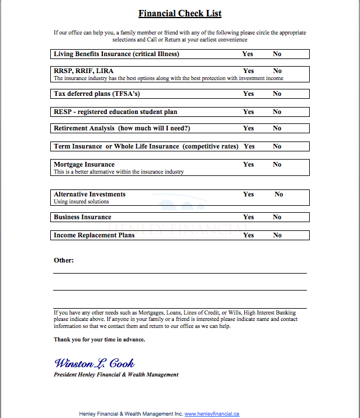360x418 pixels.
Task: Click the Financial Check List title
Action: (180, 13)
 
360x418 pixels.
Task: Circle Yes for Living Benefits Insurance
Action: (248, 54)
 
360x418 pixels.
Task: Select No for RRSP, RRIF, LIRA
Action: (277, 71)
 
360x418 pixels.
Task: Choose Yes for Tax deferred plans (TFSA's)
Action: (248, 94)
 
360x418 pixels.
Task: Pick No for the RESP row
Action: (277, 112)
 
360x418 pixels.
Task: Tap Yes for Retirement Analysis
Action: (248, 128)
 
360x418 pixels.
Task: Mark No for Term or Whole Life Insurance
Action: (277, 146)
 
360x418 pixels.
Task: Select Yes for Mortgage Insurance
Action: (248, 164)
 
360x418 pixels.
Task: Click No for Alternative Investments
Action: (279, 194)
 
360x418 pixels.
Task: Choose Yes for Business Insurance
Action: (248, 217)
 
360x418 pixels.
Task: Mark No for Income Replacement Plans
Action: (277, 235)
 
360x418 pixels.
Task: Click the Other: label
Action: (64, 260)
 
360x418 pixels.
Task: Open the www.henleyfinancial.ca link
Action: (212, 414)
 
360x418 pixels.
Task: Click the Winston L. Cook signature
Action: (94, 363)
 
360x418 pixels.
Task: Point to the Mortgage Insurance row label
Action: (84, 164)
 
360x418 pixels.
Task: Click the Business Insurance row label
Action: (82, 217)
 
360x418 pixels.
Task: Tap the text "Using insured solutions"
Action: (81, 202)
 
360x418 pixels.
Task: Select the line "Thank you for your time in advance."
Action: (99, 340)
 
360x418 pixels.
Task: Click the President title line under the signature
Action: (116, 375)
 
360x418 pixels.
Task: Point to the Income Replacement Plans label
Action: (94, 235)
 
